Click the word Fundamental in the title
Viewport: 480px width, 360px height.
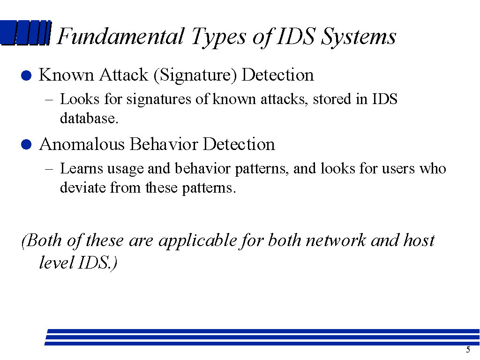pyautogui.click(x=120, y=37)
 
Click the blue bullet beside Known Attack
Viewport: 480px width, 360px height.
pyautogui.click(x=27, y=76)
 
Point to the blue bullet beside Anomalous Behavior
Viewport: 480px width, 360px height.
pyautogui.click(x=27, y=145)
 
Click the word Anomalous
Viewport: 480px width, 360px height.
pyautogui.click(x=82, y=144)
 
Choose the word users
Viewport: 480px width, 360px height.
pyautogui.click(x=397, y=168)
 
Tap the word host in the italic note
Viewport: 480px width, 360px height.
pyautogui.click(x=419, y=240)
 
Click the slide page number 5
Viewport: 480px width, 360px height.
pyautogui.click(x=468, y=349)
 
